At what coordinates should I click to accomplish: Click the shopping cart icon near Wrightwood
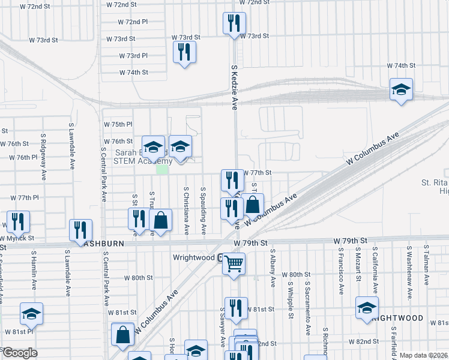click(234, 263)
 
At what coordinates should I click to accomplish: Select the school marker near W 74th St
click(401, 90)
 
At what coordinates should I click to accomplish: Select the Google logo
click(19, 353)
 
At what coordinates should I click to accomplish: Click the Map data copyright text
click(423, 355)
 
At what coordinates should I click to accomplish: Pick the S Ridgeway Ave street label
click(44, 157)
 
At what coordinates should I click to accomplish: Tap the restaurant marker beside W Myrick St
click(18, 222)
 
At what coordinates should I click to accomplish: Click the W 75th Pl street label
click(118, 124)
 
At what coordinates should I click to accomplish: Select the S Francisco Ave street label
click(340, 271)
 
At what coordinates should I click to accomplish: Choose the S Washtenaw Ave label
click(409, 265)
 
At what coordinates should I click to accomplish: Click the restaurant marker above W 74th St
click(184, 52)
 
